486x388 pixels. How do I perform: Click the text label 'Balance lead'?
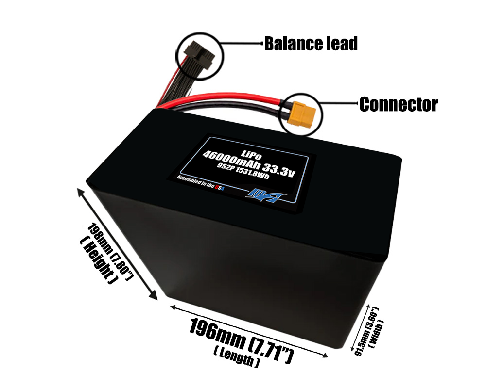point(311,44)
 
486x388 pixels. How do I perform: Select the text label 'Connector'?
point(399,104)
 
